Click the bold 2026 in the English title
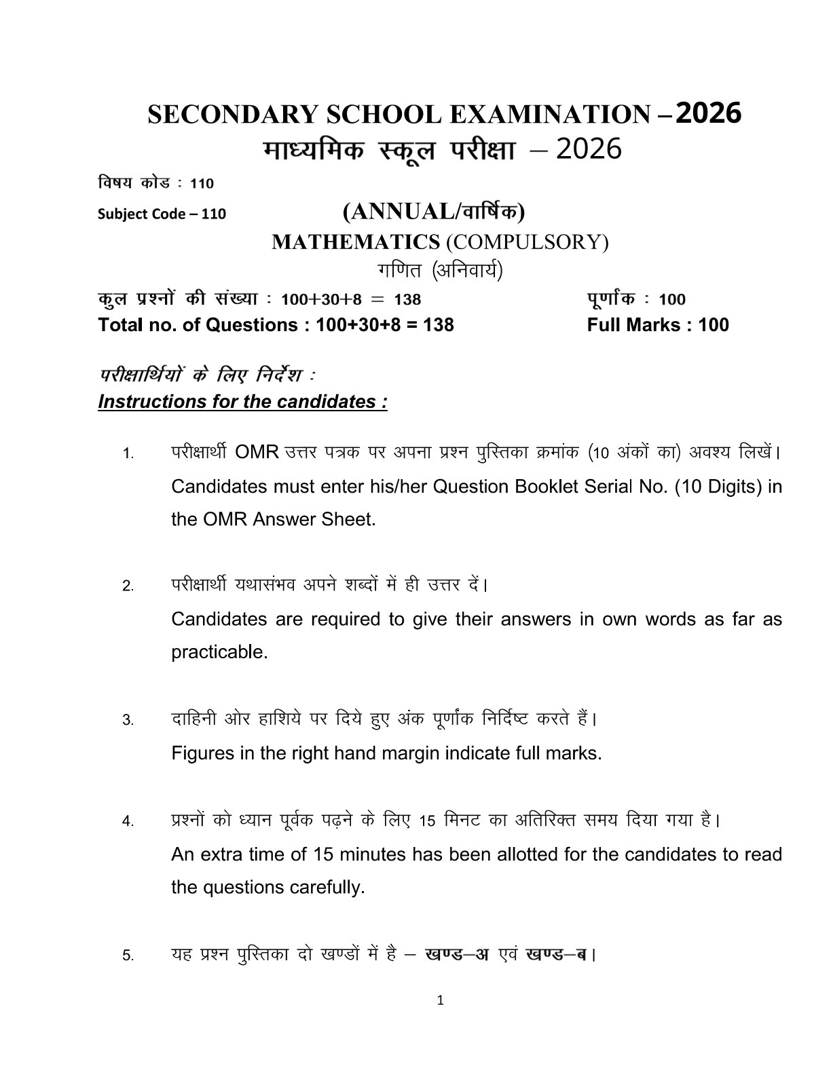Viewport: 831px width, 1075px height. click(708, 113)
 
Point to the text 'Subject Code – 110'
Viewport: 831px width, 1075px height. click(162, 214)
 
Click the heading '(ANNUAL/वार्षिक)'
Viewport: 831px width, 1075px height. click(434, 212)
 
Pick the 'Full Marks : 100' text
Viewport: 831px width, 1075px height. click(657, 324)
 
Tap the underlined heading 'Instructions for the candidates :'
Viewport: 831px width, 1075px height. click(242, 401)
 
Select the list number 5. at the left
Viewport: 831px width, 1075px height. click(128, 956)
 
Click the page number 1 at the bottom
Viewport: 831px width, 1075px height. click(441, 999)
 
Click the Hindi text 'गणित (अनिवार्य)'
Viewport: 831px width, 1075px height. click(440, 270)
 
